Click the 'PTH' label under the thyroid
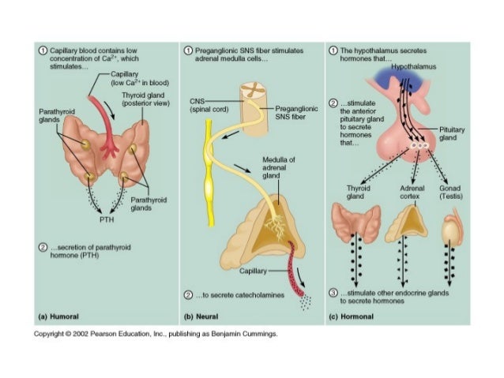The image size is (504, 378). [107, 219]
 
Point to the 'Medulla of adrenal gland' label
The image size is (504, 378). [280, 167]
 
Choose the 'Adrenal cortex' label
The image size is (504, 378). [404, 193]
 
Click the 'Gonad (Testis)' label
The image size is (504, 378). [453, 193]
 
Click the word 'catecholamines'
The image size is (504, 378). [253, 294]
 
